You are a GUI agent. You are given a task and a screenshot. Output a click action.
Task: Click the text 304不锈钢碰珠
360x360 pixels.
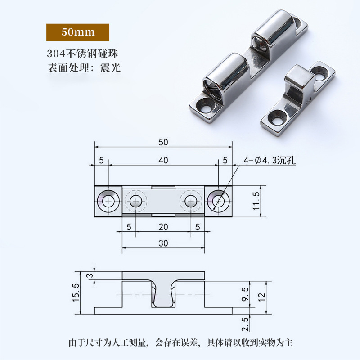pos(85,54)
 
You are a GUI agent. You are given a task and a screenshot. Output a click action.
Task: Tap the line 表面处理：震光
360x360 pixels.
pos(84,69)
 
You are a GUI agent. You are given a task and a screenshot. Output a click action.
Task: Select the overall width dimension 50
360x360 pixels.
pos(163,142)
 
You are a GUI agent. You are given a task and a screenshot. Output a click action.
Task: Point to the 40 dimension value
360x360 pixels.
pos(163,160)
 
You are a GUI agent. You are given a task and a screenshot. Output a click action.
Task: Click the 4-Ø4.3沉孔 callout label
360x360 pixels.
pos(269,160)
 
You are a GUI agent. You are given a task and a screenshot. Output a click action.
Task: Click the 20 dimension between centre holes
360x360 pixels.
pos(163,227)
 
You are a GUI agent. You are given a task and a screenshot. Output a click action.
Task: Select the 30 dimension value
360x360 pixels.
pos(163,243)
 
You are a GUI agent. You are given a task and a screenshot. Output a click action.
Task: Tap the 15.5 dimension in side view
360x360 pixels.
pos(76,292)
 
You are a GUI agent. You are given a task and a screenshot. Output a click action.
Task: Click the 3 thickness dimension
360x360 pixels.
pos(89,275)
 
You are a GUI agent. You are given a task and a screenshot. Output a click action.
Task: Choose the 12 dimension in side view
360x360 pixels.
pos(262,297)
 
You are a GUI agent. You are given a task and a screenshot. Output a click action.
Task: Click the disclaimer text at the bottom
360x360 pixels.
pos(180,342)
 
